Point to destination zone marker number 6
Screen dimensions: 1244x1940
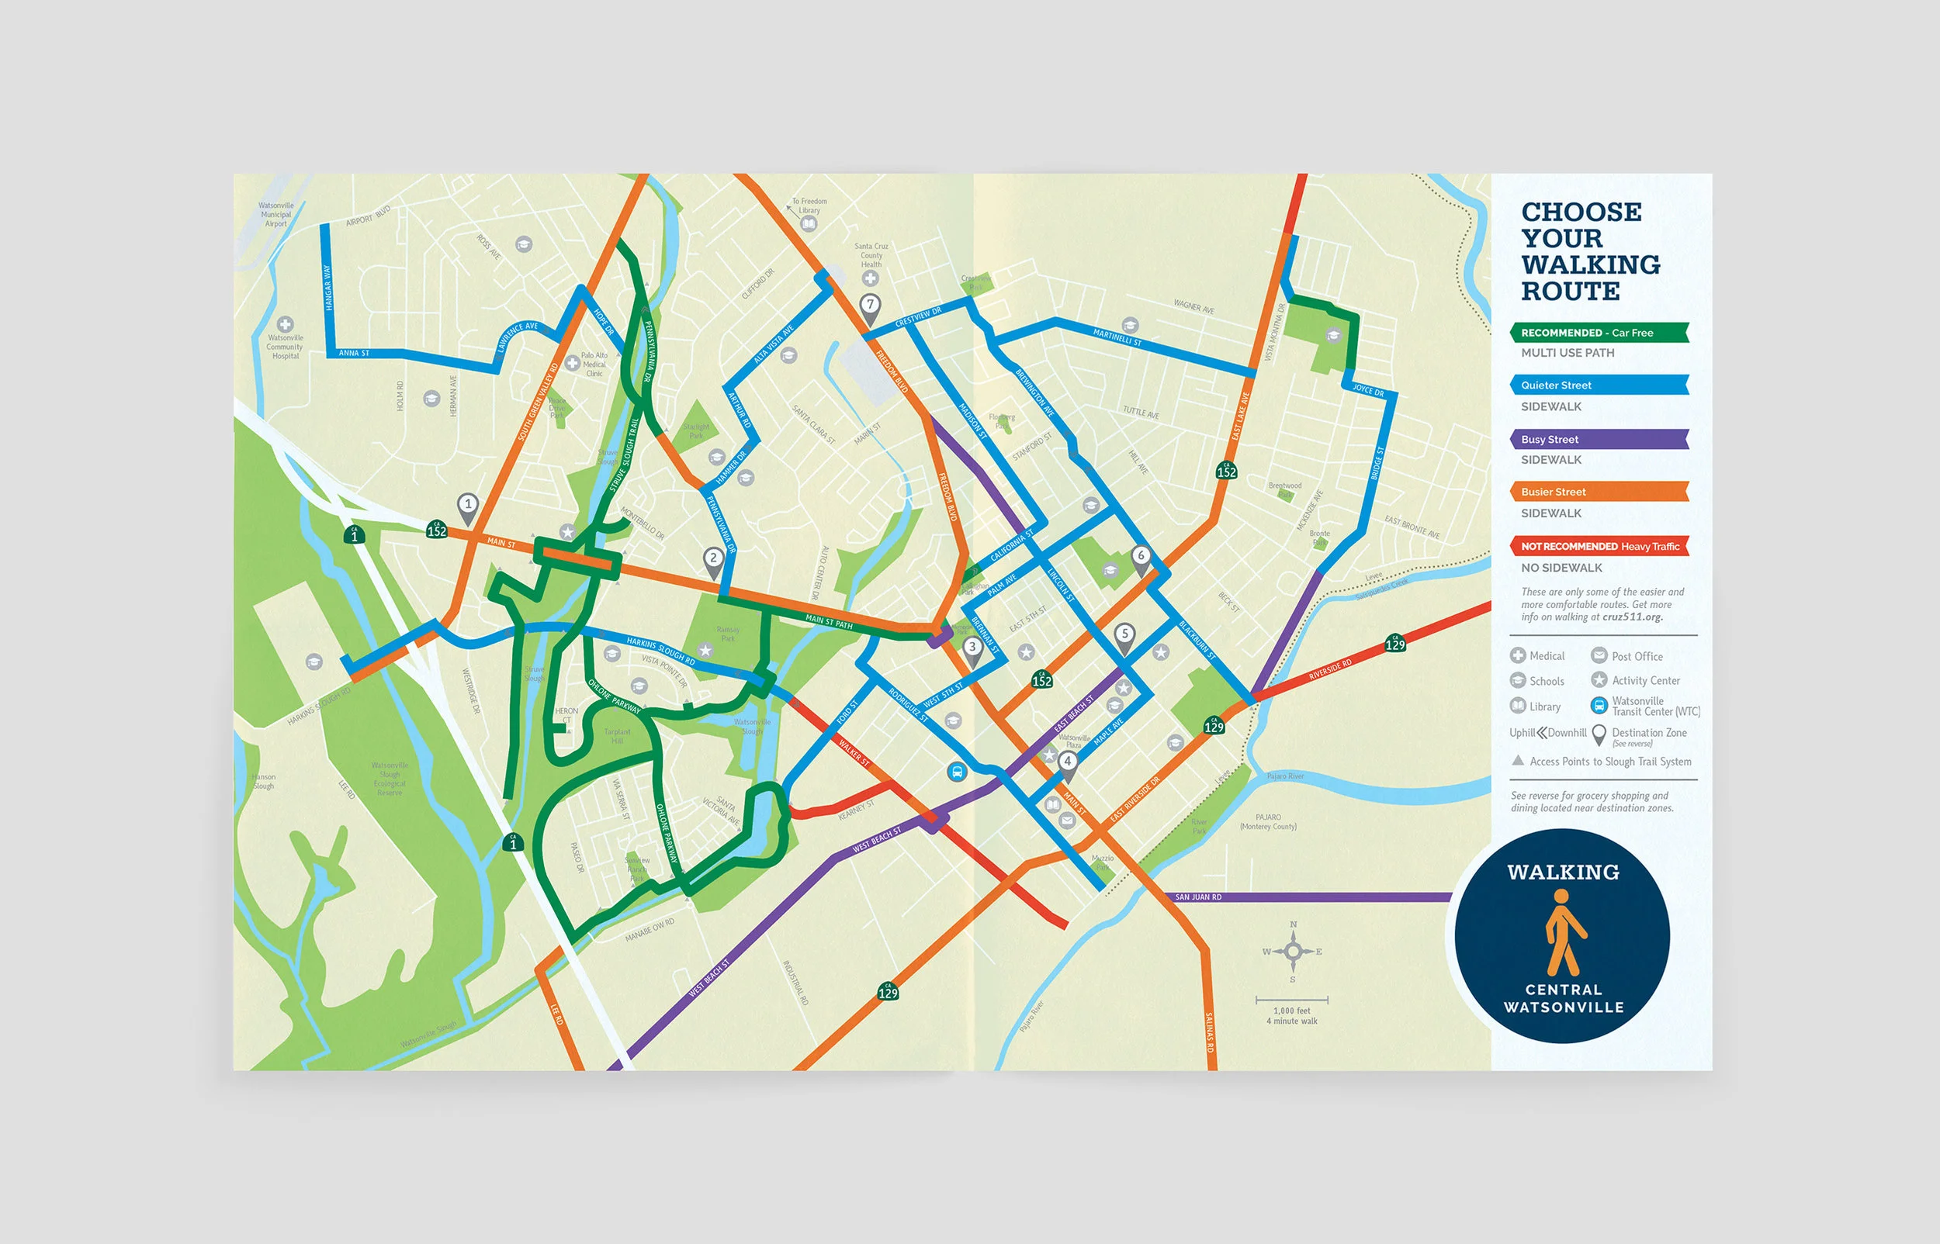pyautogui.click(x=1141, y=558)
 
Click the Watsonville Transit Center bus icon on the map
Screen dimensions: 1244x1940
pyautogui.click(x=957, y=772)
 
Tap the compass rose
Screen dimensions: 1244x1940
pyautogui.click(x=1293, y=951)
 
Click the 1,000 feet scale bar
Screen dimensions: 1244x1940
pyautogui.click(x=1292, y=1000)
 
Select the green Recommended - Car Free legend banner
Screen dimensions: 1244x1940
pyautogui.click(x=1599, y=333)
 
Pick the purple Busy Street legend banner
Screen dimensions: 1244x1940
pyautogui.click(x=1599, y=440)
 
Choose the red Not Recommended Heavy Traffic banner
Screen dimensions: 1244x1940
pyautogui.click(x=1599, y=547)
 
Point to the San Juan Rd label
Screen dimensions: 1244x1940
pyautogui.click(x=1198, y=897)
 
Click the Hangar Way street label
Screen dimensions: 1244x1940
pyautogui.click(x=327, y=287)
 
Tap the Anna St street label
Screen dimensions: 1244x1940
pyautogui.click(x=354, y=353)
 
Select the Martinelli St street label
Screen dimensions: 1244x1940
pyautogui.click(x=1117, y=337)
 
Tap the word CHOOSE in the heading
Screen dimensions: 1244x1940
pyautogui.click(x=1581, y=213)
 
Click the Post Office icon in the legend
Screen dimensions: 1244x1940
pyautogui.click(x=1599, y=656)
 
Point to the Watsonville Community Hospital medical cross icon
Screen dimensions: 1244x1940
pyautogui.click(x=286, y=325)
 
